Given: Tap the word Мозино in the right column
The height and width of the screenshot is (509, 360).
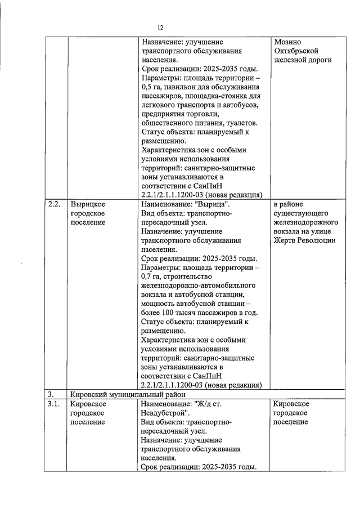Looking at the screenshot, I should coord(287,42).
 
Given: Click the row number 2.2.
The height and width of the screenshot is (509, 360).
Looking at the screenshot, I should coord(55,204).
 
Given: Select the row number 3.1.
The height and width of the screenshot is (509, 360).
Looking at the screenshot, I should coord(54,404).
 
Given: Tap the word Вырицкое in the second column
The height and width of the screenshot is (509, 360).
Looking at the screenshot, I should coord(88,204).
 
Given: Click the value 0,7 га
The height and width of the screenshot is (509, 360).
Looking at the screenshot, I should coord(152,276).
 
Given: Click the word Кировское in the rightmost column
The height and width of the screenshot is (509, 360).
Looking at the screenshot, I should coord(291,404).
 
